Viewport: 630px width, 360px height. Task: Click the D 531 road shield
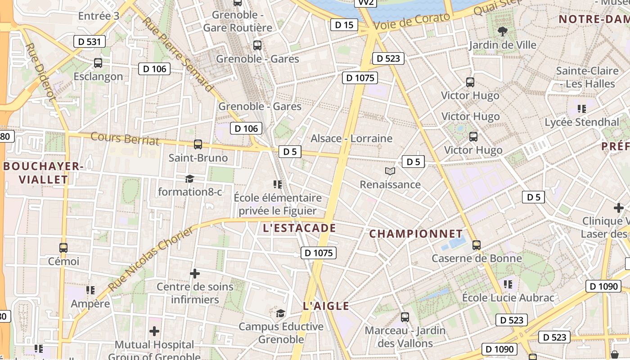tap(90, 42)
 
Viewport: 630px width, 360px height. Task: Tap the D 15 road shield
tap(344, 25)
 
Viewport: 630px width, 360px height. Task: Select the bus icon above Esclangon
tap(98, 63)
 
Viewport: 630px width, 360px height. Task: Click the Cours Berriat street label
tap(125, 138)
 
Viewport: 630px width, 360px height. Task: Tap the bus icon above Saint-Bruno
tap(198, 144)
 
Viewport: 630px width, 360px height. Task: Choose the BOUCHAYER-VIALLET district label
tap(43, 173)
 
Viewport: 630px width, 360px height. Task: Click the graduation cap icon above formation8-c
tap(189, 179)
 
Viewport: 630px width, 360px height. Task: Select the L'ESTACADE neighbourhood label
tap(299, 228)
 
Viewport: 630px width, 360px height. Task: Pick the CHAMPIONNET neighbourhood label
tap(416, 234)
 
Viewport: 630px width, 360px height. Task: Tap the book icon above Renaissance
tap(390, 171)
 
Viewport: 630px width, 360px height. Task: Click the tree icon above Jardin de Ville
tap(502, 31)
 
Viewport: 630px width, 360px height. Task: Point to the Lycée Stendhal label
tap(582, 122)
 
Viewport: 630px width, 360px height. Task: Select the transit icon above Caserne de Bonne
tap(477, 245)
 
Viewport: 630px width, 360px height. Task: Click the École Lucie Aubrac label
tap(508, 297)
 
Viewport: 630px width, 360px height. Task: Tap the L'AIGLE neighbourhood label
tap(326, 306)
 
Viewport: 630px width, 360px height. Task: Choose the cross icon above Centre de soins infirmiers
tap(195, 274)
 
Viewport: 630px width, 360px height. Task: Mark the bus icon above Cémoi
tap(63, 248)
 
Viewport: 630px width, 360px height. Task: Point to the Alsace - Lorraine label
tap(351, 138)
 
